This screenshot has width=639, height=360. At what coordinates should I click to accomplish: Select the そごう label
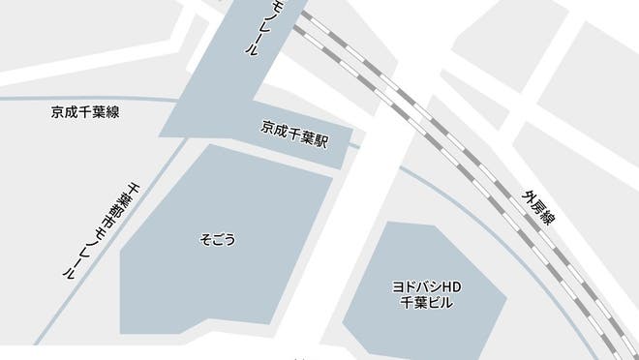217,238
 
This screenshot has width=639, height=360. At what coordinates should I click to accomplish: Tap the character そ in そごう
203,238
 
